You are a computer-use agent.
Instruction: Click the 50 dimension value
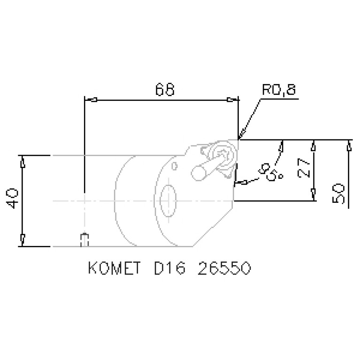pyautogui.click(x=340, y=193)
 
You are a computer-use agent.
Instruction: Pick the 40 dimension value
pyautogui.click(x=13, y=199)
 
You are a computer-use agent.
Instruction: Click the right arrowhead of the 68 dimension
pyautogui.click(x=230, y=100)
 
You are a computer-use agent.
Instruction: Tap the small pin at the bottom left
pyautogui.click(x=84, y=239)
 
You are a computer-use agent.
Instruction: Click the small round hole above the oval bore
pyautogui.click(x=175, y=166)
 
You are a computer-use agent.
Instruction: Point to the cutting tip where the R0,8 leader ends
pyautogui.click(x=238, y=139)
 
